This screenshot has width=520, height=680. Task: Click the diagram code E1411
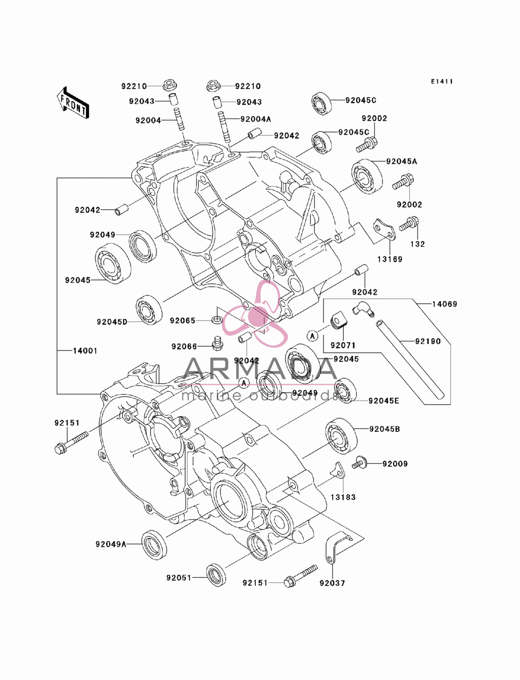(x=441, y=82)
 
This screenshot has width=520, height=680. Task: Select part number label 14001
(x=85, y=351)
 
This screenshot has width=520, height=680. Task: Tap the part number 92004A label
(x=255, y=119)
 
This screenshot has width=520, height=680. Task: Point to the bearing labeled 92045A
(x=367, y=176)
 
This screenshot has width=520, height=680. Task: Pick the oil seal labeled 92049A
(x=154, y=544)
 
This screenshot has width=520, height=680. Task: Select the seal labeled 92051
(x=216, y=575)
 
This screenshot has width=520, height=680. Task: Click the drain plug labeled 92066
(x=217, y=343)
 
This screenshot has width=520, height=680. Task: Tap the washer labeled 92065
(x=217, y=319)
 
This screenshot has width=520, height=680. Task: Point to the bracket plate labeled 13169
(x=384, y=230)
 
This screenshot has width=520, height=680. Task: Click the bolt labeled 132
(x=409, y=224)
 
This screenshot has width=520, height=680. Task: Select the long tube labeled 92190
(x=410, y=361)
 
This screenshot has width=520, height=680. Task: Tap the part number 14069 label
(x=445, y=304)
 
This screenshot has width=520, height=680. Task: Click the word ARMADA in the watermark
(x=260, y=369)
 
